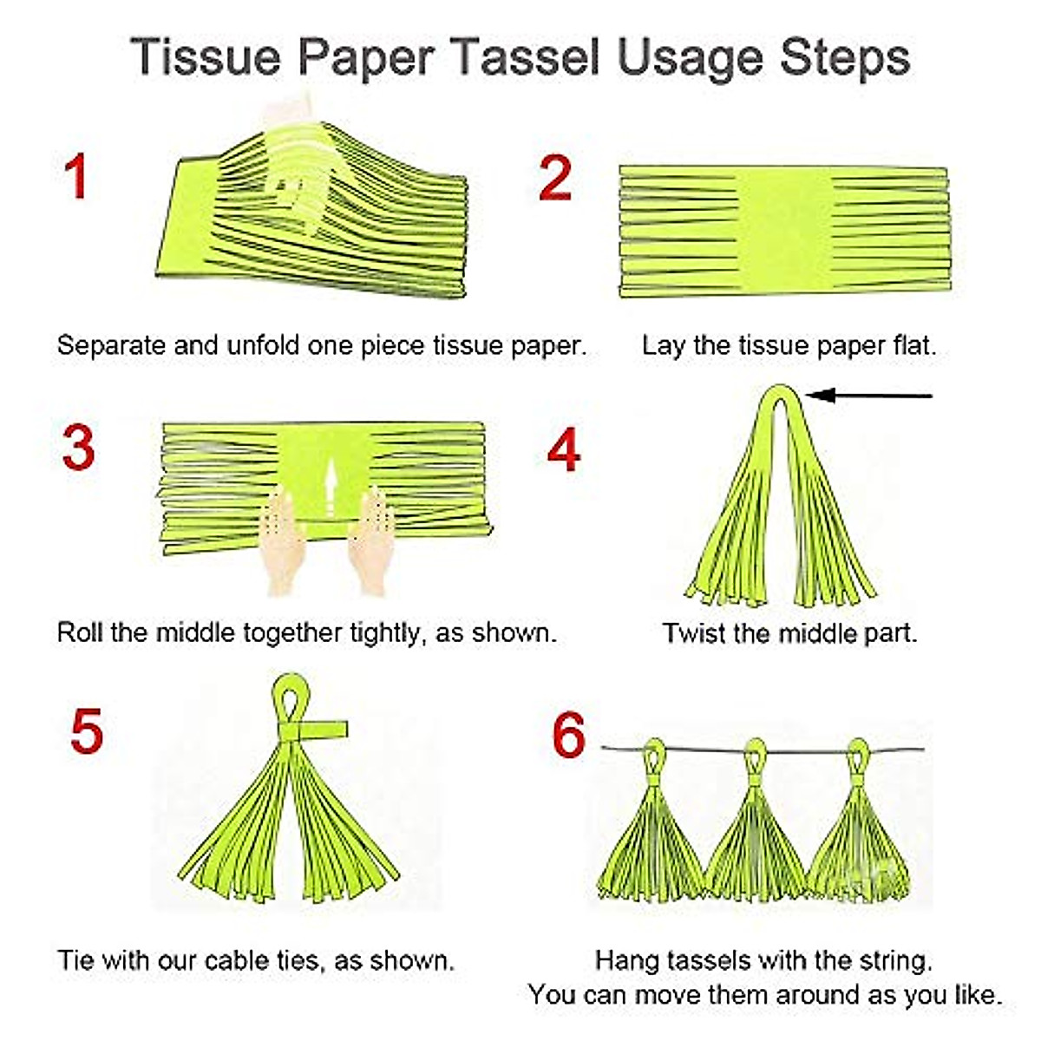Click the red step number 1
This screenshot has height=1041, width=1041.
click(76, 177)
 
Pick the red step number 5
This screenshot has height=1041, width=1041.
click(86, 731)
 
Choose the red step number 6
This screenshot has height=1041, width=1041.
click(569, 735)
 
